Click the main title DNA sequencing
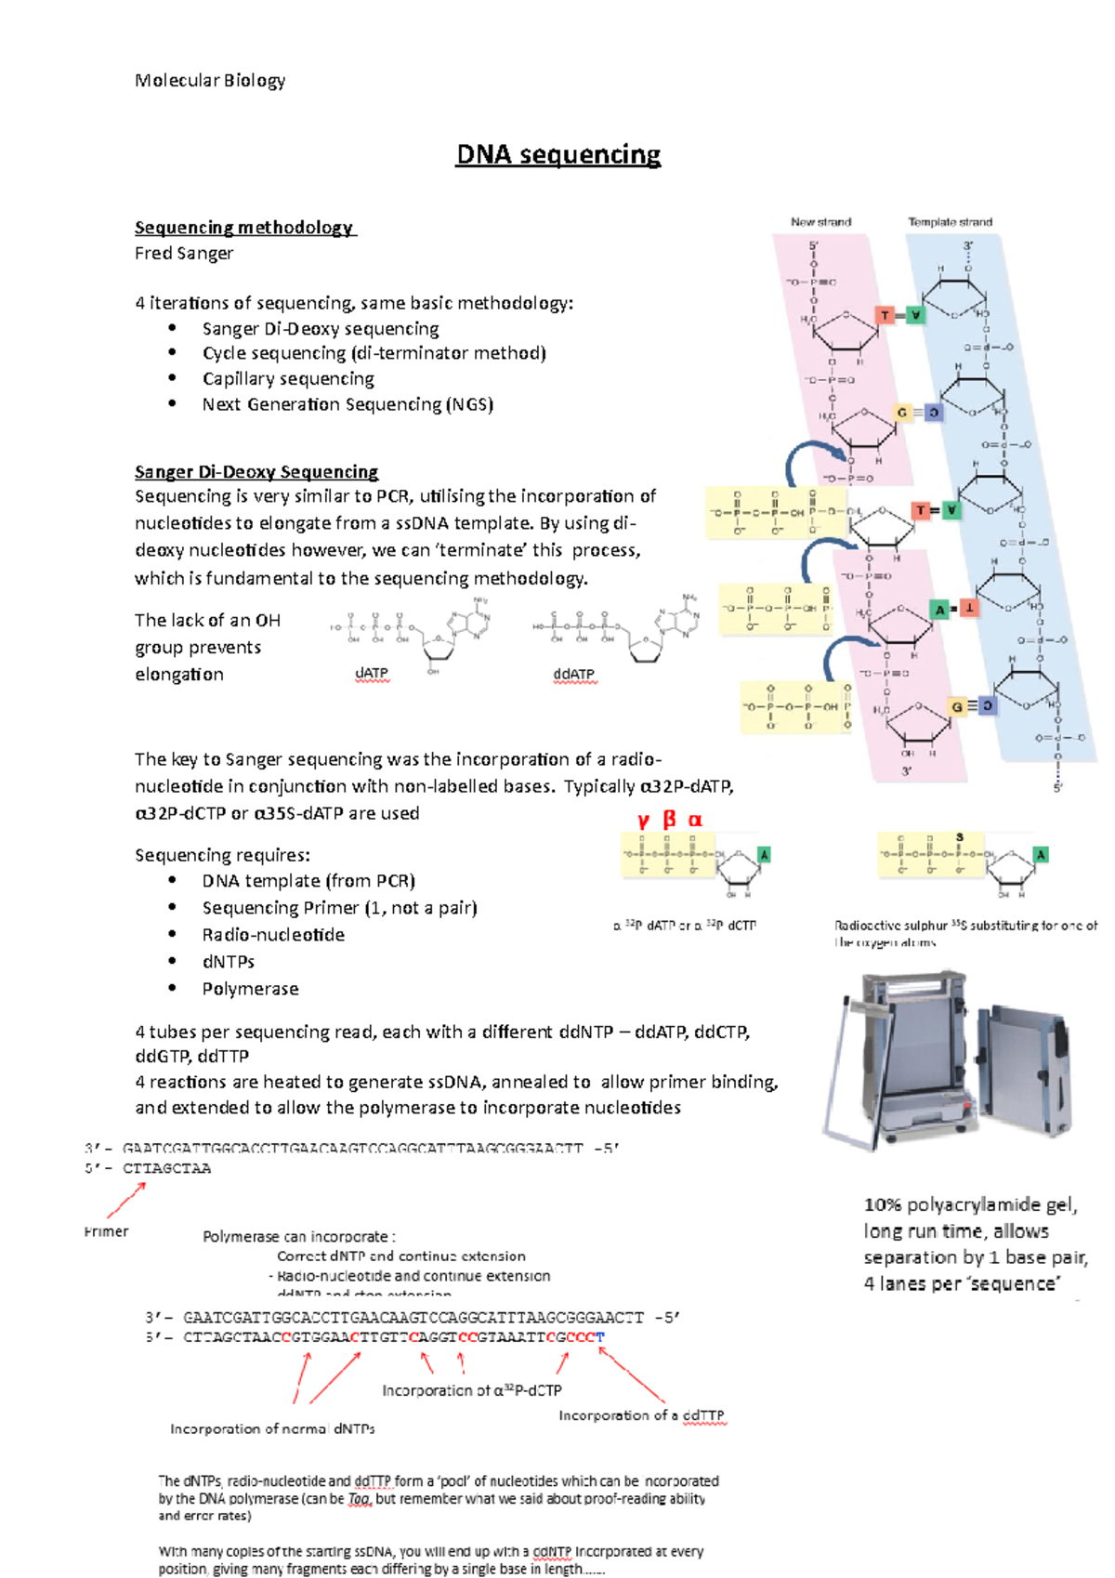[x=557, y=154]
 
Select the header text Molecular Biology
[x=210, y=81]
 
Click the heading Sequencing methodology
[x=244, y=228]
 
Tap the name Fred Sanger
[x=184, y=253]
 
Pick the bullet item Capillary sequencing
[x=288, y=379]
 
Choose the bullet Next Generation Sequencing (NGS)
[x=348, y=404]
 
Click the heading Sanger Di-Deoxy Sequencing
[x=256, y=472]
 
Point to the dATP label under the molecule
[x=372, y=673]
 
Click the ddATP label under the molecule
[x=573, y=675]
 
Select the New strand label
[x=820, y=222]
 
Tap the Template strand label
[x=950, y=222]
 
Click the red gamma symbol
[x=643, y=820]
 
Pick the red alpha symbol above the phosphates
[x=695, y=820]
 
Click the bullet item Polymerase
[x=250, y=989]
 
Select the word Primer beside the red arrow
[x=107, y=1231]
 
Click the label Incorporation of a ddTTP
[x=641, y=1415]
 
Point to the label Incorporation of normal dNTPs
[x=272, y=1429]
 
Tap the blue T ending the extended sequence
[x=600, y=1337]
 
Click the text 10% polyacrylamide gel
[x=970, y=1205]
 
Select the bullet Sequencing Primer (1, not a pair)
[x=339, y=908]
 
